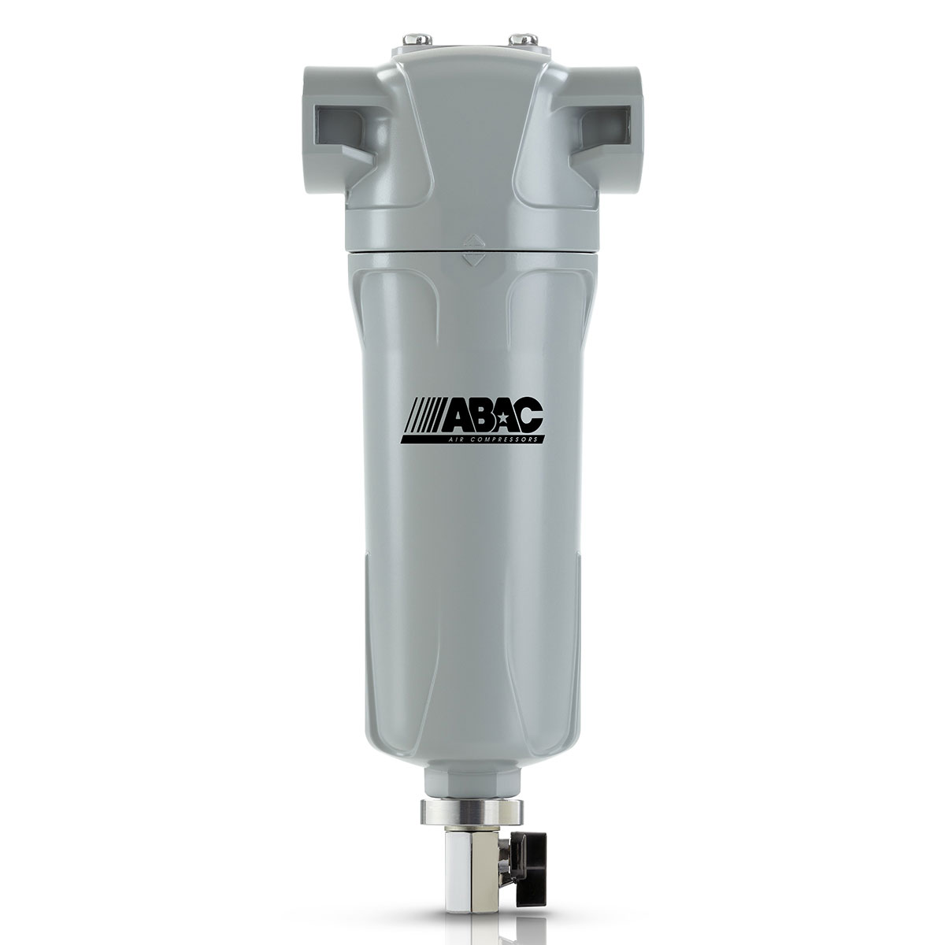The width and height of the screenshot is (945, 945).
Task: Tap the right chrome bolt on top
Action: [518, 36]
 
